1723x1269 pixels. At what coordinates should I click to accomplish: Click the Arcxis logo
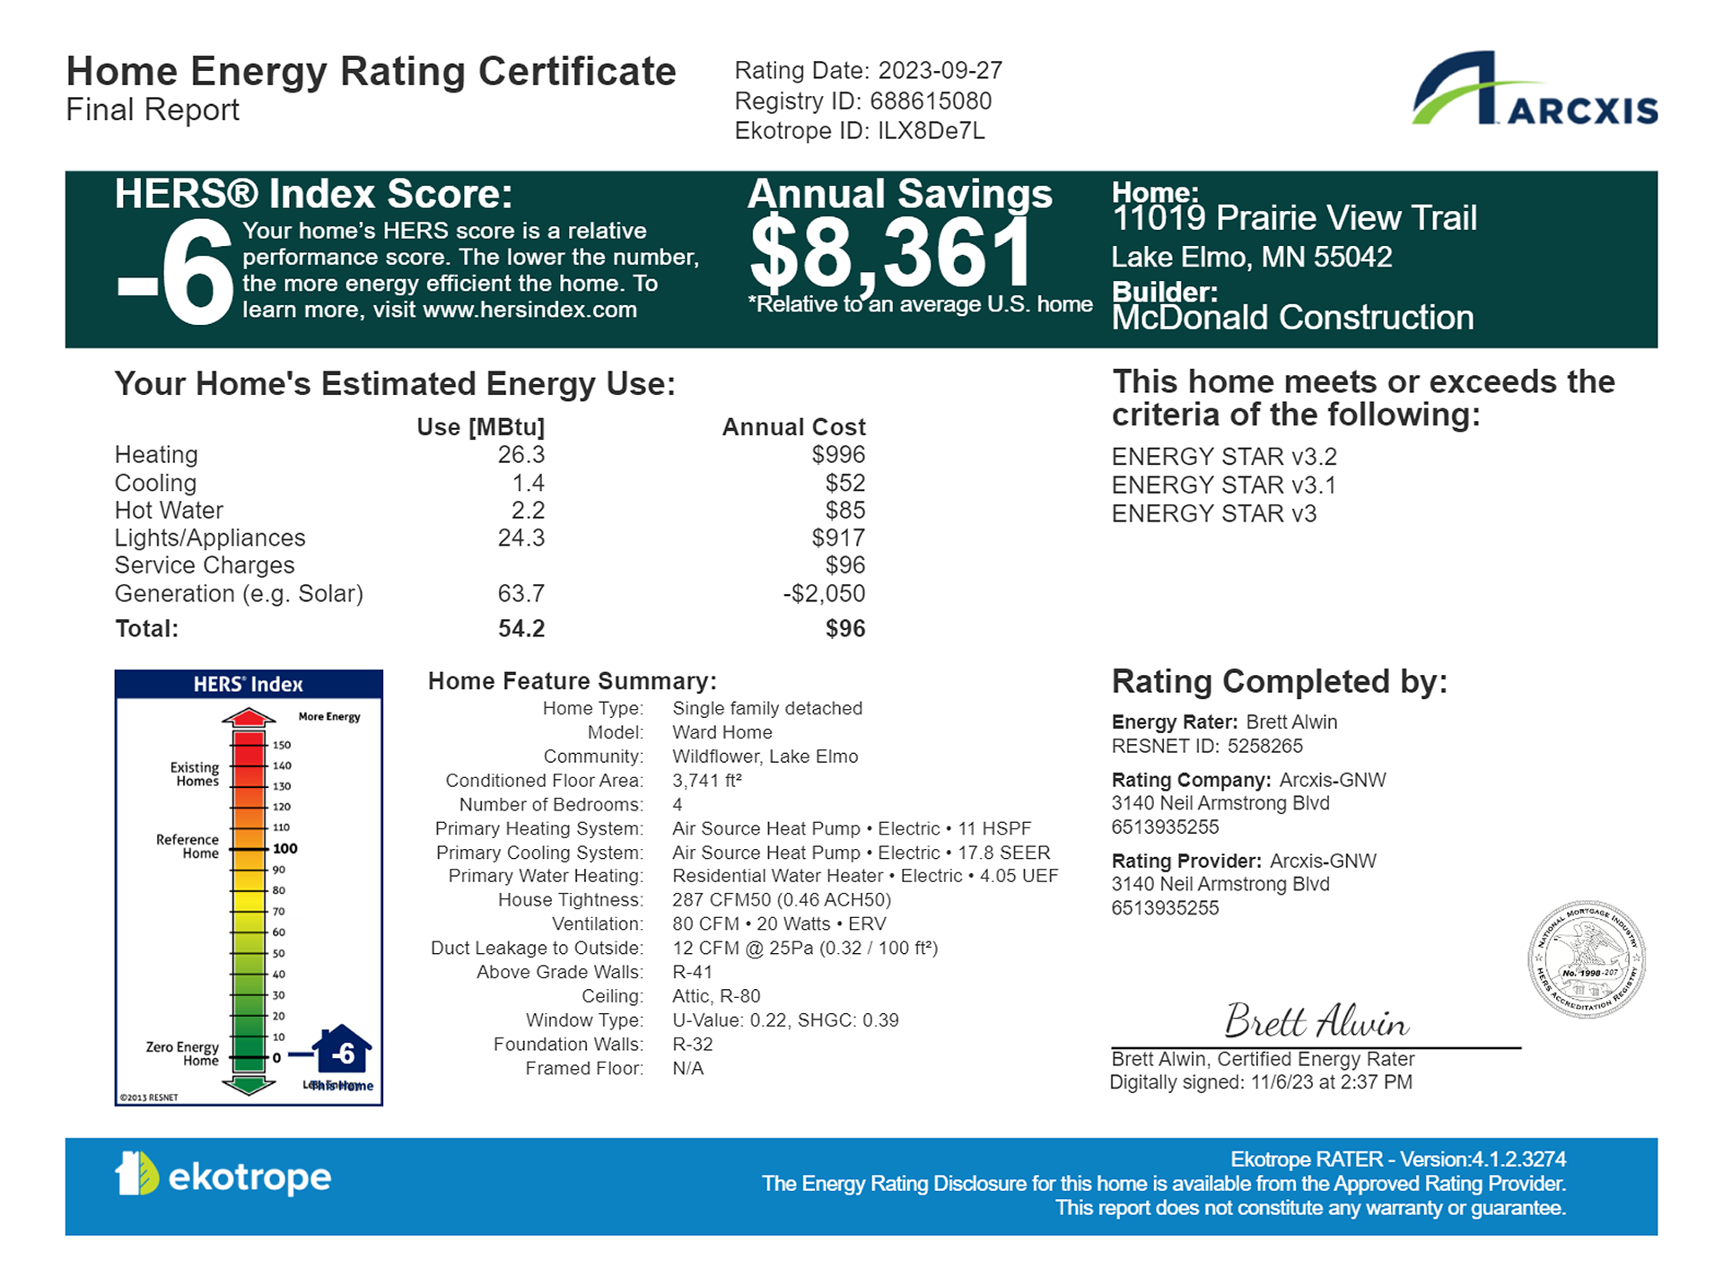pos(1534,90)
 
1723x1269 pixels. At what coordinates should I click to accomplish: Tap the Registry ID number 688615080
pos(931,101)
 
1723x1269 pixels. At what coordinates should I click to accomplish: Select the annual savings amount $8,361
pos(891,253)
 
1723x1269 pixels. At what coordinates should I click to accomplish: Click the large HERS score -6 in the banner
pos(176,272)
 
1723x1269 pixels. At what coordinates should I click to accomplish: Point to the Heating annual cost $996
pos(838,455)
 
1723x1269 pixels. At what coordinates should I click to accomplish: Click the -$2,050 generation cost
pos(824,593)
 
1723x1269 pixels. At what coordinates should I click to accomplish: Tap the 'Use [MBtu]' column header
pos(480,427)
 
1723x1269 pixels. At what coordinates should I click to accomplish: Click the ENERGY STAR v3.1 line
pos(1223,486)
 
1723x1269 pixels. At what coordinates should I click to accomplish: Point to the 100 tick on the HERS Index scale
pos(284,848)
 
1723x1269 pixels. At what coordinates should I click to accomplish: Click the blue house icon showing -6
pos(342,1050)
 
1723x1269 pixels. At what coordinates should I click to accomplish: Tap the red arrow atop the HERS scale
pos(249,717)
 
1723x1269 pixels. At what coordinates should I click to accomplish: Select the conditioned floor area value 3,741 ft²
pos(707,781)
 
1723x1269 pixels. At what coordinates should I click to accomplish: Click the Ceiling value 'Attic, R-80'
pos(716,996)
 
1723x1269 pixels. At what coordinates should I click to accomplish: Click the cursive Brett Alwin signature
pos(1316,1021)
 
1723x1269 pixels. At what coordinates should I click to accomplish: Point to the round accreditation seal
pos(1586,959)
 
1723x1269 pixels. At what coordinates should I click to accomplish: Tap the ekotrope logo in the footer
pos(223,1175)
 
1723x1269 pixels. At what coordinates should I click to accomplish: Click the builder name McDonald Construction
pos(1292,318)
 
